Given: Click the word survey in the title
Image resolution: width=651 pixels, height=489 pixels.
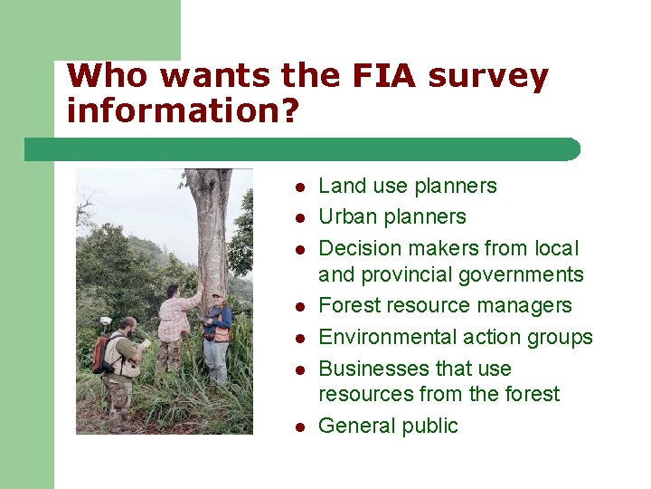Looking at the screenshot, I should (x=488, y=78).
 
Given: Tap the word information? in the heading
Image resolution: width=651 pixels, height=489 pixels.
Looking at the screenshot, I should (x=182, y=110).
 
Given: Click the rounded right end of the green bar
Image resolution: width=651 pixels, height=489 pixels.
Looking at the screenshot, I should (x=572, y=149).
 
